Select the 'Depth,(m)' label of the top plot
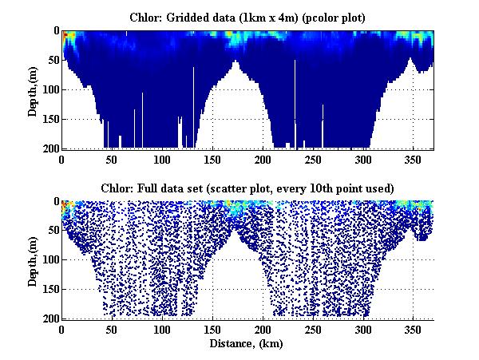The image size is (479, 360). point(33,89)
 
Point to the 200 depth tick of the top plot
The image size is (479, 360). point(49,148)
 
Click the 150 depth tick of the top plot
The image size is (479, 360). point(49,119)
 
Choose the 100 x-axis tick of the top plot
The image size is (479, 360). point(162,159)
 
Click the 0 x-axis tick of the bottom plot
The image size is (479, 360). point(61,330)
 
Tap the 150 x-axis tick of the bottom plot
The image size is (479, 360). point(212,330)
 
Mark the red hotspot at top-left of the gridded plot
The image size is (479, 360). point(68,36)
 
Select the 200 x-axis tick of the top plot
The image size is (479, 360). point(263,159)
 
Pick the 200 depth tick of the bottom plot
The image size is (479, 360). point(49,318)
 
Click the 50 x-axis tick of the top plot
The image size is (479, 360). point(112,159)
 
